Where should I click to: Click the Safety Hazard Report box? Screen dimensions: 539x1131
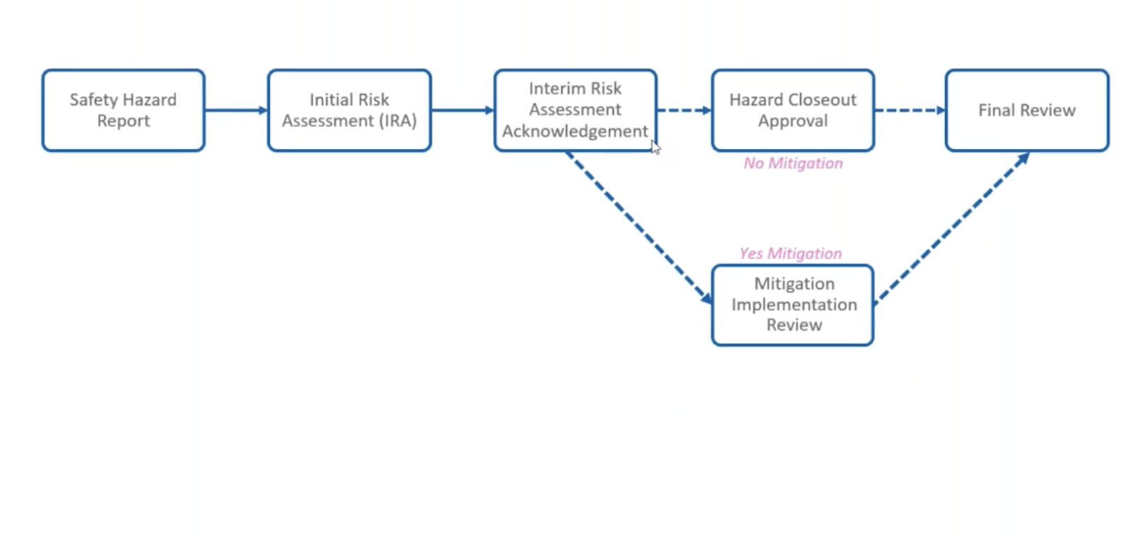tap(123, 110)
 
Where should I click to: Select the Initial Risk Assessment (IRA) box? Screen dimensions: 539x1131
tap(349, 110)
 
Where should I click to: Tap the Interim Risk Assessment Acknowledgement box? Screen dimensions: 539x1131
tap(575, 109)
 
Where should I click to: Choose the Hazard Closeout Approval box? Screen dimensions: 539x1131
tap(792, 110)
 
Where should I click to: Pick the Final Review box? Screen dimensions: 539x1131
tap(1026, 110)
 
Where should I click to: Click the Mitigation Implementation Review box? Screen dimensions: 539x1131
tap(793, 304)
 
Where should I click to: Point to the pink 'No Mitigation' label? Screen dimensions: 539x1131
tap(793, 163)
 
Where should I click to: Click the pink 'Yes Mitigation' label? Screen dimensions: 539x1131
tap(790, 253)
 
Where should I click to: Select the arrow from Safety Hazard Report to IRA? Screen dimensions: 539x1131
tap(236, 110)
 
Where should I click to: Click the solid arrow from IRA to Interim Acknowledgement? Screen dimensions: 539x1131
tap(462, 110)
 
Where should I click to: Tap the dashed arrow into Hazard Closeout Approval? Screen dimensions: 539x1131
tap(684, 110)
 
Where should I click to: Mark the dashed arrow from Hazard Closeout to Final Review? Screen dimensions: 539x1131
tap(910, 110)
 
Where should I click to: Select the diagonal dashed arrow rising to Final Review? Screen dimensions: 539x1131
tap(951, 228)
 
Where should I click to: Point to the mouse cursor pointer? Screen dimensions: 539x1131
tap(655, 147)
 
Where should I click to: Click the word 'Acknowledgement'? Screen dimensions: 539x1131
tap(575, 131)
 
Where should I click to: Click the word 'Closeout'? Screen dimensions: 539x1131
tap(821, 100)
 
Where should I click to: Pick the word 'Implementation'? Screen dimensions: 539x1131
tap(794, 304)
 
